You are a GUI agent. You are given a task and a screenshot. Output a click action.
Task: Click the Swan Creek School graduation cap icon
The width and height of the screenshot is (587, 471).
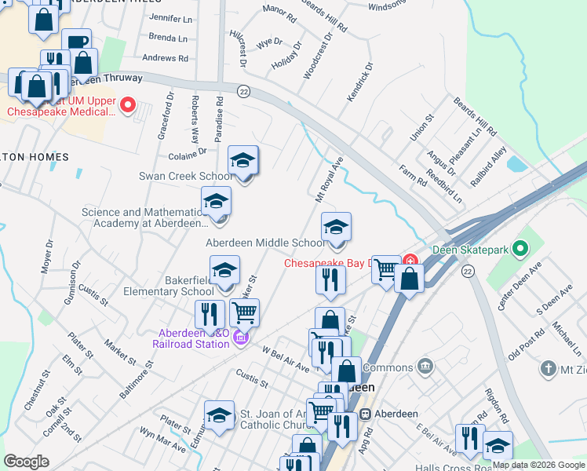[243, 162]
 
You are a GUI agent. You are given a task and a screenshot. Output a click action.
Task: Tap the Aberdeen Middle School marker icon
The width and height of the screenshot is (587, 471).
[336, 228]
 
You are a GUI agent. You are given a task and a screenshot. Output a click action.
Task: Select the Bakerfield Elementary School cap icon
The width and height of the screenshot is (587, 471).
[224, 272]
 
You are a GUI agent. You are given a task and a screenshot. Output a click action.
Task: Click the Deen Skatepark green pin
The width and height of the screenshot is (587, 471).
[518, 250]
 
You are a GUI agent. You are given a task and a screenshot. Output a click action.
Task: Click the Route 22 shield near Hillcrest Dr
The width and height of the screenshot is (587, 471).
[243, 91]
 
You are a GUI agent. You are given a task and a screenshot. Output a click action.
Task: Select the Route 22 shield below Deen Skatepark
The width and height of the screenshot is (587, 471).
[468, 271]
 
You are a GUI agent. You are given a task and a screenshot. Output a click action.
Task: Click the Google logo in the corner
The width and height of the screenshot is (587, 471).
[27, 462]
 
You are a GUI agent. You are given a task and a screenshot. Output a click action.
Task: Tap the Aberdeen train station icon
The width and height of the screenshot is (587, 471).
[365, 414]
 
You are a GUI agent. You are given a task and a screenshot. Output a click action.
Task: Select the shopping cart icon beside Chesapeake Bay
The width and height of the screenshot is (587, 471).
[385, 270]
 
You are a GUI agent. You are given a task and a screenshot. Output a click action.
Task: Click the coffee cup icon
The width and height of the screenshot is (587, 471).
[76, 43]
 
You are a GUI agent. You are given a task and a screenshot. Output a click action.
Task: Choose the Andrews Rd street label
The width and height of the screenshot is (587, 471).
[165, 58]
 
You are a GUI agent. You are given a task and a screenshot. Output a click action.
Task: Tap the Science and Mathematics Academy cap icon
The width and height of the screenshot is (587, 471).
[216, 203]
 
